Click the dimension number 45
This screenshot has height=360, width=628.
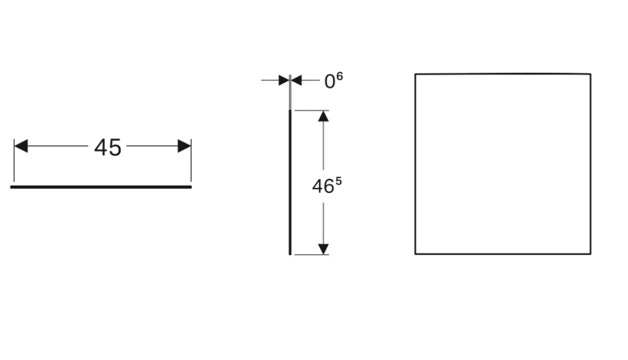108,148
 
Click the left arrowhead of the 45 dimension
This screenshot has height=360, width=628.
21,146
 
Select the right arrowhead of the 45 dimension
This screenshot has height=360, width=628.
184,146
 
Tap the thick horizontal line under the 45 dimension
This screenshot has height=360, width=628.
101,186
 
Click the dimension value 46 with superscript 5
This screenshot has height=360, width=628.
326,186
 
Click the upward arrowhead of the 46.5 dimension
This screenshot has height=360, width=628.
323,116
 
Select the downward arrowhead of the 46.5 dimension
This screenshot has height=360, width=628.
323,249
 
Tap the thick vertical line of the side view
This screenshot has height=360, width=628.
290,182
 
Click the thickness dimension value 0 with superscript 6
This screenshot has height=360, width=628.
333,81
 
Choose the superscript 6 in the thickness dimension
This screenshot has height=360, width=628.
339,77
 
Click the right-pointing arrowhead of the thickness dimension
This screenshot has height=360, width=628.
283,81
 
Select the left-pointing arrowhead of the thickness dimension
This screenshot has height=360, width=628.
296,81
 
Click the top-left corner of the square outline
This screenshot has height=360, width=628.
415,75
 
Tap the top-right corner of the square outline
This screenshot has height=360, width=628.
590,74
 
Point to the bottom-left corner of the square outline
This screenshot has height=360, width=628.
415,253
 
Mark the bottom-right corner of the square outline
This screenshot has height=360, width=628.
590,253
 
